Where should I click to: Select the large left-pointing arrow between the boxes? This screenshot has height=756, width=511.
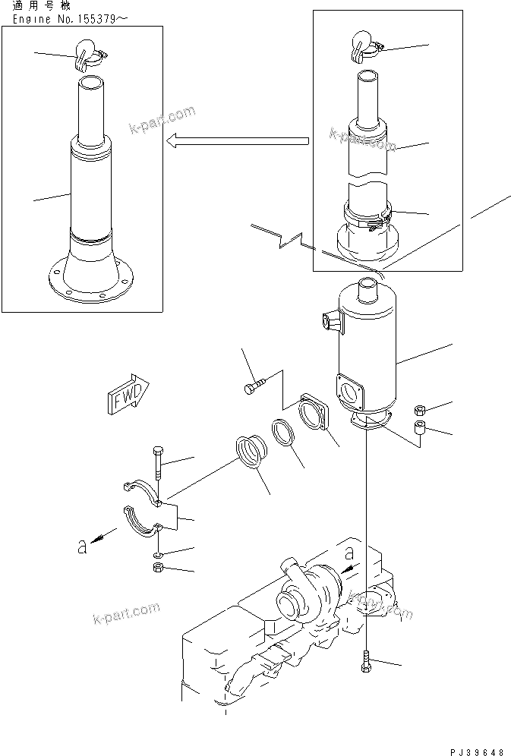[237, 140]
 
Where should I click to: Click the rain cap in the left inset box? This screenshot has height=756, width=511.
[88, 52]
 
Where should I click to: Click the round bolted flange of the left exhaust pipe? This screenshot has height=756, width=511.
[90, 282]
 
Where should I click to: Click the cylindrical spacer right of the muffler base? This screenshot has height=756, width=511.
[418, 431]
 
